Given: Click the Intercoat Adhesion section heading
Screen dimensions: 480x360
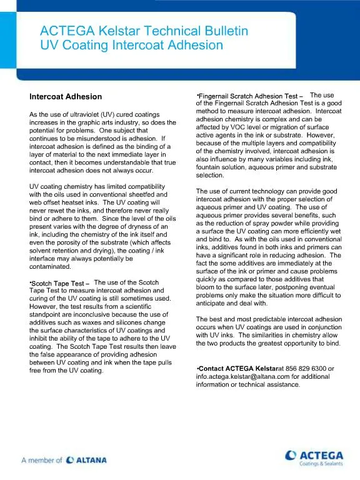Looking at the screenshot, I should click(x=66, y=97).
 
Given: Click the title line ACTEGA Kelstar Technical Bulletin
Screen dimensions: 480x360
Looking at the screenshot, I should click(x=144, y=31).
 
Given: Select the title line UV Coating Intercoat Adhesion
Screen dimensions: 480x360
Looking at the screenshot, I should click(x=131, y=45).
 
